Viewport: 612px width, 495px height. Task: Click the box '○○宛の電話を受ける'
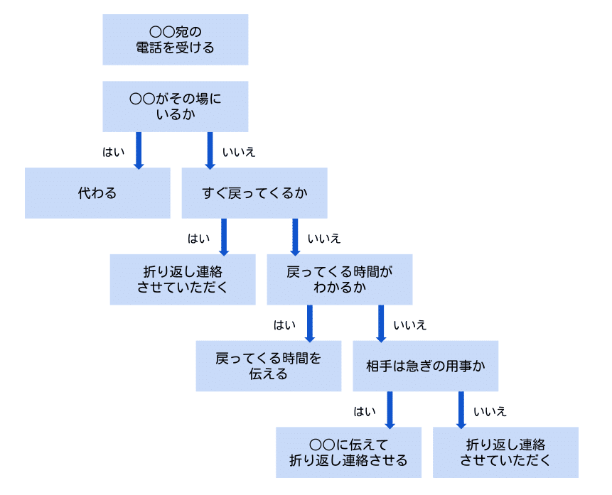175,40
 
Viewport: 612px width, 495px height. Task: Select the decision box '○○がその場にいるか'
175,107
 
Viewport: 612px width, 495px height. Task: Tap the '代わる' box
97,193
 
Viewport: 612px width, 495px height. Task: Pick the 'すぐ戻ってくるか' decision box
254,193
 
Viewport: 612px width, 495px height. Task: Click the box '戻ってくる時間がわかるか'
339,280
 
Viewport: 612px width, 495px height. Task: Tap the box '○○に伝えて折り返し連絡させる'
348,452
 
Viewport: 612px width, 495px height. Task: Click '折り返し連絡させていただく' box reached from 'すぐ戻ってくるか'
182,280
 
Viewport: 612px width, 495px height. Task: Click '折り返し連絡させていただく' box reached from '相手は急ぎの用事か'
505,452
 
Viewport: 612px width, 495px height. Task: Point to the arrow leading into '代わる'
139,150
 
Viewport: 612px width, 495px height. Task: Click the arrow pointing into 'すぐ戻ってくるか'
210,150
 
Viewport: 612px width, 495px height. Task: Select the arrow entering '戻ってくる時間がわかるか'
295,236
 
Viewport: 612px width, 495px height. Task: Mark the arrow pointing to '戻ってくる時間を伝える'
309,323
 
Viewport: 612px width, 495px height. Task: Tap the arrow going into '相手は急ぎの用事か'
381,323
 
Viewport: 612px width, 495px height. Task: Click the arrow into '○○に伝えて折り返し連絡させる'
390,410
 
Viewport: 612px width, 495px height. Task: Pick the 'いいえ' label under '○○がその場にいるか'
239,152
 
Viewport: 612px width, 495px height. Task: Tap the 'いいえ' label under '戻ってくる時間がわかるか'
410,325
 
